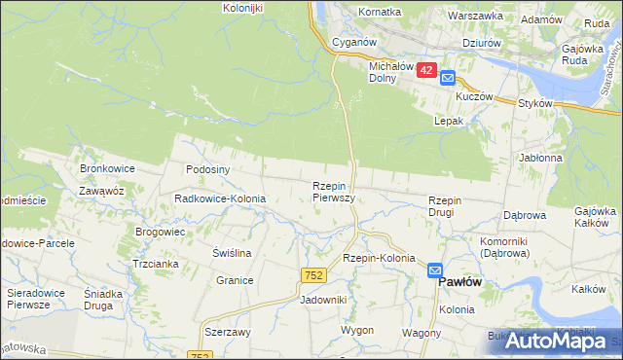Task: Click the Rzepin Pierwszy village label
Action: tap(332, 191)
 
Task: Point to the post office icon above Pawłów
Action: tap(435, 271)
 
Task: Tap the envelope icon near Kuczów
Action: tap(447, 79)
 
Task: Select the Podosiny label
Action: tap(207, 168)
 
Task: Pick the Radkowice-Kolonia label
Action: tap(220, 198)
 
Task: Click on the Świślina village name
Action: tap(233, 253)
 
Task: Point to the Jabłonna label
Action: tap(541, 158)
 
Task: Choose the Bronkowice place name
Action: tap(107, 168)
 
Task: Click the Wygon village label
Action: tap(357, 331)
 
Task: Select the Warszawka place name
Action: tap(475, 17)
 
